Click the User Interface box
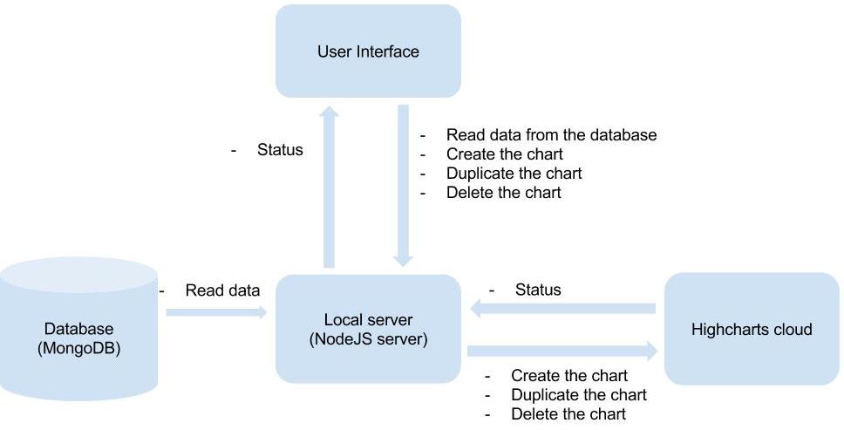click(368, 51)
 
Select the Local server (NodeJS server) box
click(368, 330)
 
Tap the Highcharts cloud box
click(751, 329)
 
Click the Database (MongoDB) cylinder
click(78, 336)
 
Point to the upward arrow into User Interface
click(329, 188)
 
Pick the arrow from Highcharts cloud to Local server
click(562, 309)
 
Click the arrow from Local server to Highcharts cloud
click(562, 351)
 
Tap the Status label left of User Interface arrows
click(280, 150)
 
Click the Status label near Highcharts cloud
click(538, 289)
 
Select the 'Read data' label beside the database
click(222, 290)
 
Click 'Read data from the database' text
click(551, 135)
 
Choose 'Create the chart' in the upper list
click(504, 154)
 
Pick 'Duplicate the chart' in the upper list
click(514, 173)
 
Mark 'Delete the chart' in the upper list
click(503, 192)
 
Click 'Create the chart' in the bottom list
click(569, 376)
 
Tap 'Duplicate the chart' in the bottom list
click(579, 395)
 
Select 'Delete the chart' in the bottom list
click(568, 414)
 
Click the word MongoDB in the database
click(78, 347)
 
